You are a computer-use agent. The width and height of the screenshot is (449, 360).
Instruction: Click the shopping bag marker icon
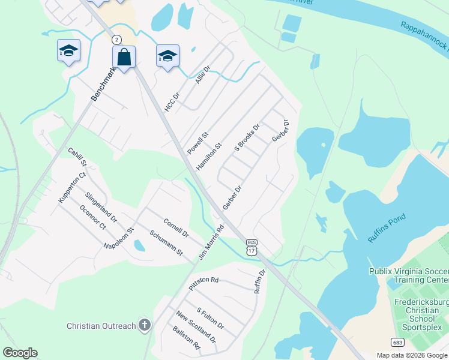click(x=124, y=58)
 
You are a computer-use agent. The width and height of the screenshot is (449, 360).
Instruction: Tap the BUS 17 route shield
click(x=252, y=247)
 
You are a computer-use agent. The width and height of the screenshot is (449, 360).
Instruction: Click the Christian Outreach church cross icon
click(x=144, y=326)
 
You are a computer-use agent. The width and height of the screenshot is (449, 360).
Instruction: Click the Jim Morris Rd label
click(x=211, y=242)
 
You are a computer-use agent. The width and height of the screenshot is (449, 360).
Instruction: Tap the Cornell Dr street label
click(x=176, y=227)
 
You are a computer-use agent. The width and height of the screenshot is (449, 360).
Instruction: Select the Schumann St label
click(x=166, y=244)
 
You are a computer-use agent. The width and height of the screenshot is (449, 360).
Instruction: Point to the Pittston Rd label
click(x=203, y=283)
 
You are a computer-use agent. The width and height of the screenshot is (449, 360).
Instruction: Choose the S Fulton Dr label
click(x=210, y=318)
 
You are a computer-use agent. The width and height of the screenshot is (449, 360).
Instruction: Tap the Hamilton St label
click(x=209, y=155)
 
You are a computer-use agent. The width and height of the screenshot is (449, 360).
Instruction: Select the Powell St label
click(x=197, y=143)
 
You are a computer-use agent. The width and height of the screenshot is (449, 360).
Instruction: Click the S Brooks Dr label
click(x=247, y=137)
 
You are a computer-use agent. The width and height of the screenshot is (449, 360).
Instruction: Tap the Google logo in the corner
click(x=20, y=353)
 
